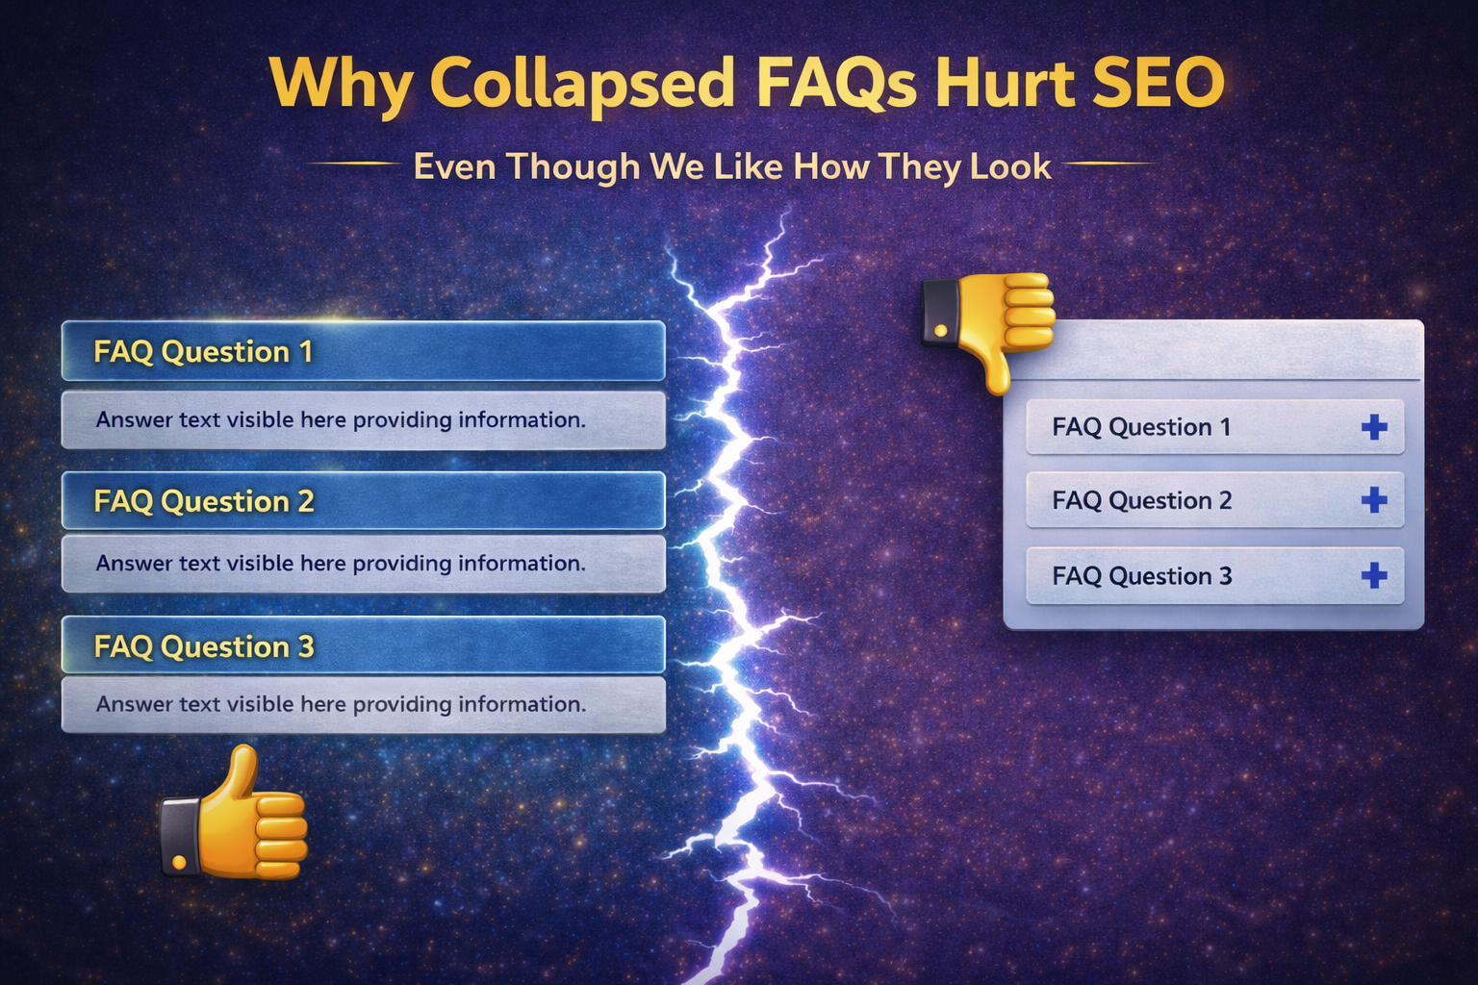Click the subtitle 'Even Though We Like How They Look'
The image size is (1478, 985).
pos(731,166)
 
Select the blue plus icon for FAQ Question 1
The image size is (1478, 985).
pos(1374,427)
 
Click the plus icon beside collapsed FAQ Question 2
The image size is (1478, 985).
pos(1374,500)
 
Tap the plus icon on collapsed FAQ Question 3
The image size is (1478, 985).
pos(1374,575)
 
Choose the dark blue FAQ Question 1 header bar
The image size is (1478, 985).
pos(364,351)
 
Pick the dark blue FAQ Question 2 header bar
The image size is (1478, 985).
pos(364,500)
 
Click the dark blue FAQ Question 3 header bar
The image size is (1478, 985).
pos(364,645)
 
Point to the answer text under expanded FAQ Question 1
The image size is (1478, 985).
pos(341,420)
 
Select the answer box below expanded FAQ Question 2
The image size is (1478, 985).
pos(364,564)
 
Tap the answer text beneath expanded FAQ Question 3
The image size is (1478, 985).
pos(341,704)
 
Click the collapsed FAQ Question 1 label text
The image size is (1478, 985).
pos(1141,427)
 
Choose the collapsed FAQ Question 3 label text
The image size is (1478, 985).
pos(1141,576)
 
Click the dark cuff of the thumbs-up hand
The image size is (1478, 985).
pos(180,836)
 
